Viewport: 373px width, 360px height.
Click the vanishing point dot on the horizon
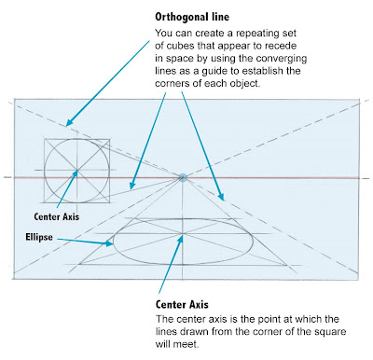pos(184,176)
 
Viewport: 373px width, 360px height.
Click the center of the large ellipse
pos(183,241)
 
